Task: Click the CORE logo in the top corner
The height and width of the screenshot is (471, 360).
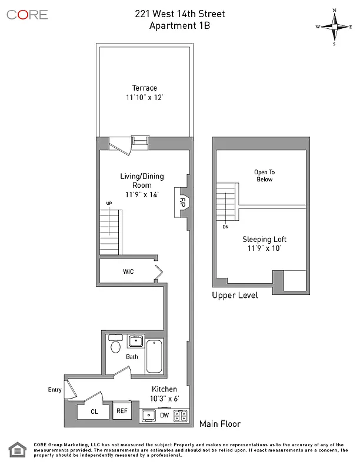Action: click(x=27, y=15)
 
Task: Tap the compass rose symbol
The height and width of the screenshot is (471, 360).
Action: click(x=334, y=27)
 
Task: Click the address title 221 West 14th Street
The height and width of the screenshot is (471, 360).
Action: click(x=179, y=14)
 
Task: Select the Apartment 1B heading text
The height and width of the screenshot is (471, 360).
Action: click(x=179, y=25)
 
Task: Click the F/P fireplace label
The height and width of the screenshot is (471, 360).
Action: click(x=182, y=201)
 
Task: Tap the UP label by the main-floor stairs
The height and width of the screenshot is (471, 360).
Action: click(x=109, y=204)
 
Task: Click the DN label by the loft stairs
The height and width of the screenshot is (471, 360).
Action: click(x=225, y=226)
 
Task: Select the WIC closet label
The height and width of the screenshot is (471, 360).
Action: click(x=128, y=272)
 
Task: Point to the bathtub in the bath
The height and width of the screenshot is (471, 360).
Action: click(x=154, y=356)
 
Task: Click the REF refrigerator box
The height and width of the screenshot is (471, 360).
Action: click(x=122, y=412)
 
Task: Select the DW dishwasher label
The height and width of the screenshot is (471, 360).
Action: click(x=165, y=416)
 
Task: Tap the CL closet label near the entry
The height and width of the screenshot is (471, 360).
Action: click(x=94, y=412)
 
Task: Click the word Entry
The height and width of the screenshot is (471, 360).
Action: click(x=55, y=390)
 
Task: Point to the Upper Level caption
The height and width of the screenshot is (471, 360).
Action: click(x=235, y=296)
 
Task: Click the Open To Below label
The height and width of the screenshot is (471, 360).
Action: click(x=264, y=175)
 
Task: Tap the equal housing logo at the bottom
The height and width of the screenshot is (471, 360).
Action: click(x=17, y=451)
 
